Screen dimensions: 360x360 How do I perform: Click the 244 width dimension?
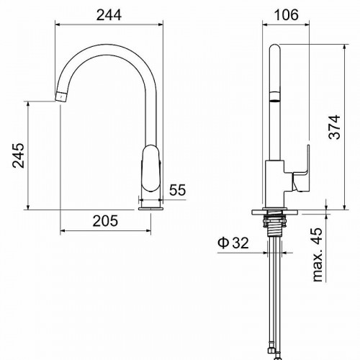click(x=109, y=15)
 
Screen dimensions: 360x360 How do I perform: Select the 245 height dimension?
click(x=19, y=156)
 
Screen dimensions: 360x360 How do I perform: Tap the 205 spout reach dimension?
click(x=105, y=221)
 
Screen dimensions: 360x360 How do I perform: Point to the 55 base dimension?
click(x=178, y=190)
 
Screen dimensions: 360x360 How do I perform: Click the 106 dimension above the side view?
click(x=286, y=15)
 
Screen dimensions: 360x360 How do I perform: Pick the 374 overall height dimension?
click(x=335, y=127)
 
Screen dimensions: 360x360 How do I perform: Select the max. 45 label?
click(x=318, y=255)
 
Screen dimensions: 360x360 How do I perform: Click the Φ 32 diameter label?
click(x=233, y=243)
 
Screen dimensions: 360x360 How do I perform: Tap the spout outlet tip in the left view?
click(x=60, y=96)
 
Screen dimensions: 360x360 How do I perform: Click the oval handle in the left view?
click(x=150, y=168)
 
